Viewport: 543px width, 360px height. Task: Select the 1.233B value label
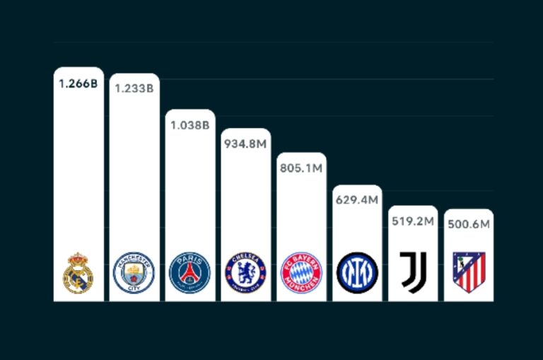pyautogui.click(x=134, y=88)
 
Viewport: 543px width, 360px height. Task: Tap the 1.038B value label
pyautogui.click(x=189, y=125)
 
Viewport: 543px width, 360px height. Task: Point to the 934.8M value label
pyautogui.click(x=245, y=144)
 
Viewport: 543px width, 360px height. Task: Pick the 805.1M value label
pyautogui.click(x=301, y=168)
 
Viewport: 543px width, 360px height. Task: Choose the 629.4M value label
pyautogui.click(x=357, y=200)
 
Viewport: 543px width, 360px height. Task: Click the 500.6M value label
pyautogui.click(x=468, y=224)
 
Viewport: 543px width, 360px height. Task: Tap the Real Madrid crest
pyautogui.click(x=78, y=272)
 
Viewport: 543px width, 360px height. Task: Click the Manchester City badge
pyautogui.click(x=134, y=273)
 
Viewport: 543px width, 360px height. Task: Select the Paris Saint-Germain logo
pyautogui.click(x=189, y=273)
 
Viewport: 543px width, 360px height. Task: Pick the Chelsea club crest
pyautogui.click(x=245, y=273)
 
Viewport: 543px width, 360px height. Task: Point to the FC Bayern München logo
pyautogui.click(x=301, y=273)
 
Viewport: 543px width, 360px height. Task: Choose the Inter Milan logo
pyautogui.click(x=357, y=273)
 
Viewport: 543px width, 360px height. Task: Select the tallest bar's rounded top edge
pyautogui.click(x=78, y=69)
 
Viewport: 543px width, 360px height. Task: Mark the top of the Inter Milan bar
pyautogui.click(x=357, y=187)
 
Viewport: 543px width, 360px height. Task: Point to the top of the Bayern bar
pyautogui.click(x=301, y=154)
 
